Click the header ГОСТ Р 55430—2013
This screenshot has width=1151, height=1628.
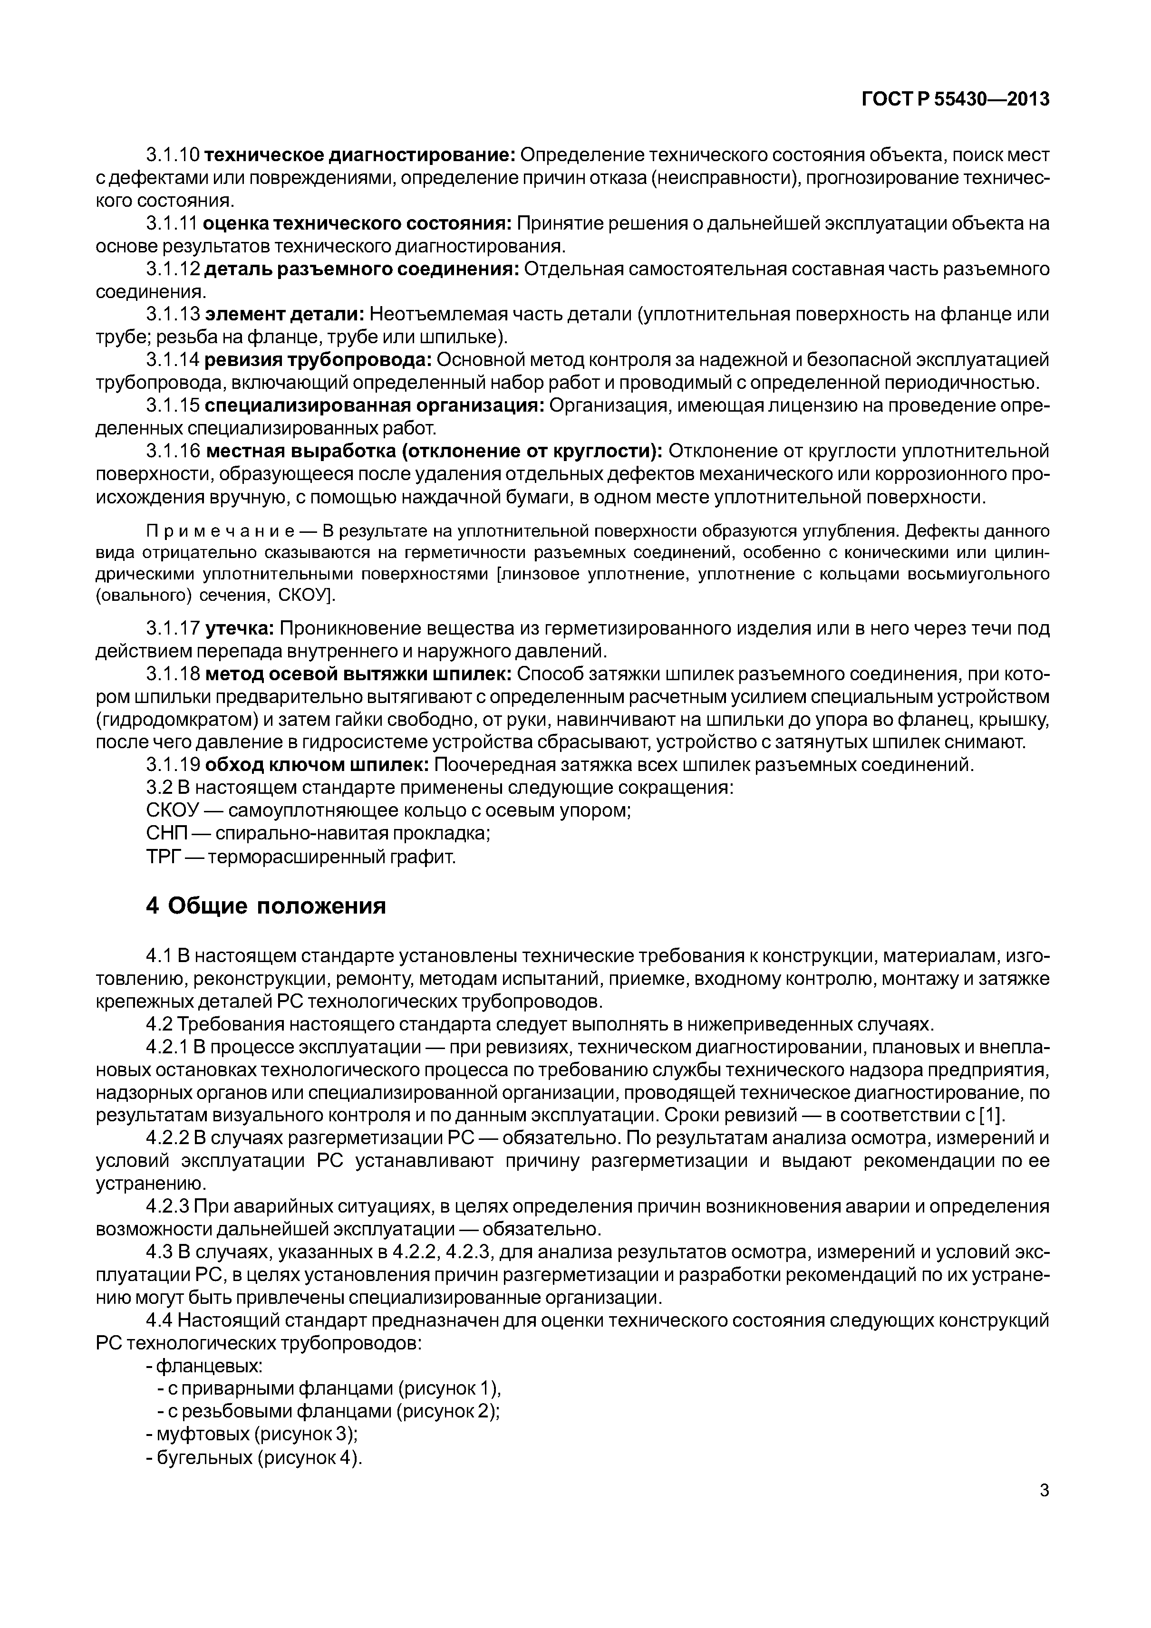coord(955,100)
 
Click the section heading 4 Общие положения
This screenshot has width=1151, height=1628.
coord(266,906)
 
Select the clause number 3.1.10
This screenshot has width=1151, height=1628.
coord(173,154)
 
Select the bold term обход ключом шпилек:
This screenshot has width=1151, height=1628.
coord(316,765)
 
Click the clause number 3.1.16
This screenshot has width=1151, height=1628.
coord(173,452)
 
